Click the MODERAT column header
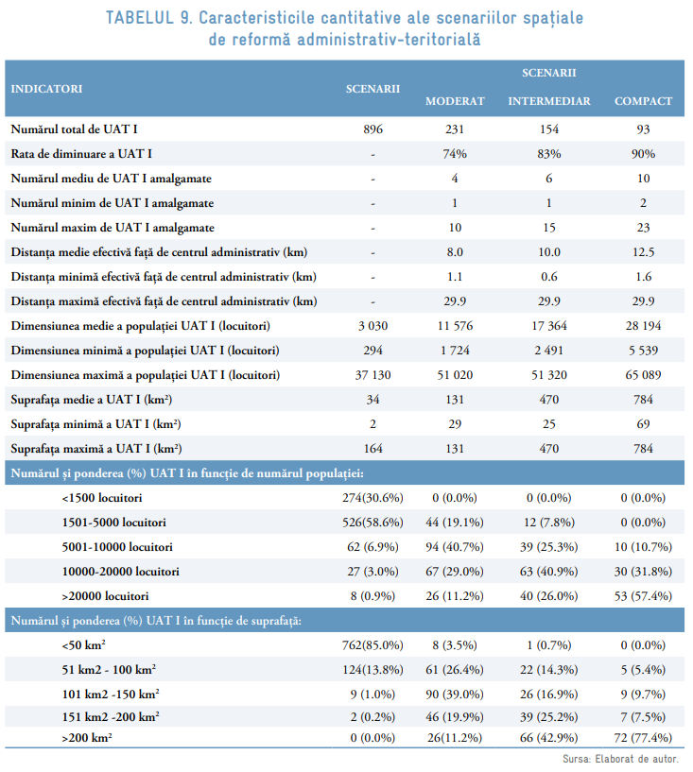pyautogui.click(x=455, y=102)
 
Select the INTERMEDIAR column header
pyautogui.click(x=549, y=102)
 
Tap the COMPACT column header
pyautogui.click(x=643, y=102)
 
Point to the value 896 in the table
pyautogui.click(x=373, y=129)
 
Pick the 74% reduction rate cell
pyautogui.click(x=455, y=153)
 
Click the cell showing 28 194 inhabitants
pyautogui.click(x=643, y=326)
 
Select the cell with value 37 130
pyautogui.click(x=373, y=375)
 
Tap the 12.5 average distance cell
pyautogui.click(x=643, y=252)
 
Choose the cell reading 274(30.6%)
pyautogui.click(x=373, y=498)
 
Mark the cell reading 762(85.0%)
pyautogui.click(x=373, y=645)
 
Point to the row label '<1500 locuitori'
pyautogui.click(x=101, y=498)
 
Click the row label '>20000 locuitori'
pyautogui.click(x=105, y=596)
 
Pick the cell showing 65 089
pyautogui.click(x=643, y=375)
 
